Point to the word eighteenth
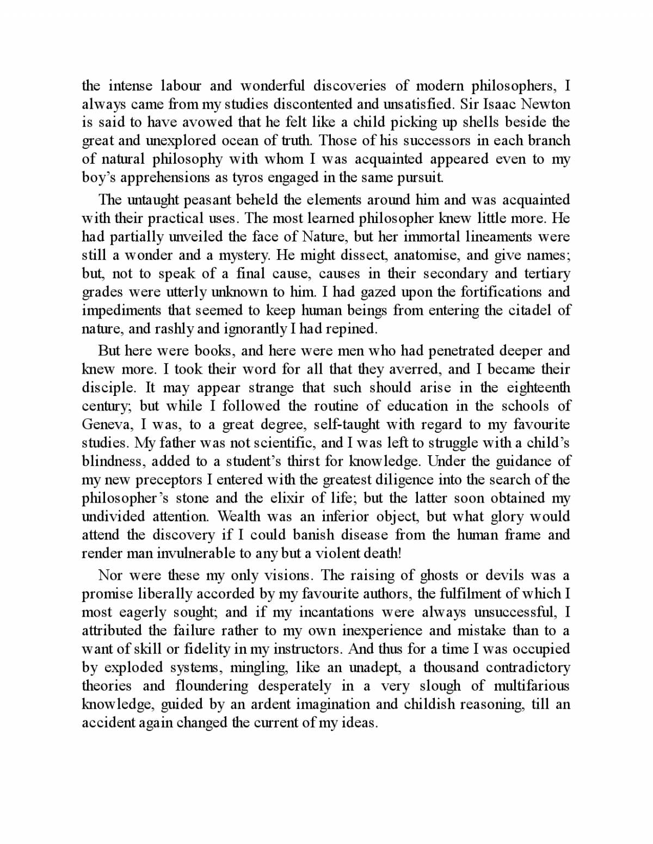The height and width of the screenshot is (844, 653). point(538,388)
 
